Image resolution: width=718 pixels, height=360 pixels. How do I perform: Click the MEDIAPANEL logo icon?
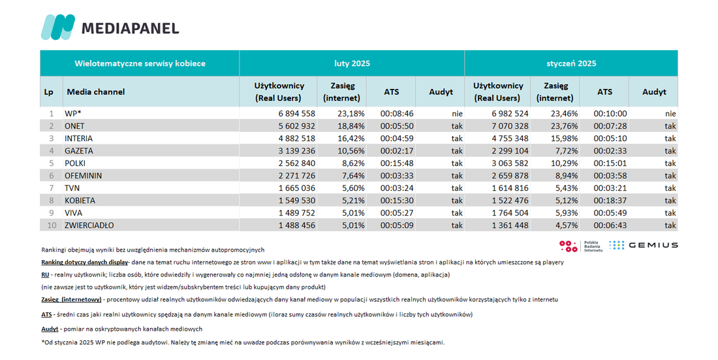[x=57, y=27]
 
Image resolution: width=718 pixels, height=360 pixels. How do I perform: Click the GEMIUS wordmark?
[x=653, y=246]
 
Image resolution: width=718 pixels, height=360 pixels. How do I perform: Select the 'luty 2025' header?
[x=352, y=64]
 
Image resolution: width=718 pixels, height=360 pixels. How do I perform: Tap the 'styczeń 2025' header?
[x=571, y=64]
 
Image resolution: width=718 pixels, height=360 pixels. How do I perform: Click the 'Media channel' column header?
[x=96, y=91]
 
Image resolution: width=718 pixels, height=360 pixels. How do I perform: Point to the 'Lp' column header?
[x=48, y=91]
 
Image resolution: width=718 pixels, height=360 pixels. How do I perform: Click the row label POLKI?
[x=75, y=163]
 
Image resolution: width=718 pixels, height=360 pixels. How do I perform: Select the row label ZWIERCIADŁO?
[x=89, y=225]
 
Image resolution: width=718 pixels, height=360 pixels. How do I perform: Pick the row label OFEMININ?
[x=84, y=176]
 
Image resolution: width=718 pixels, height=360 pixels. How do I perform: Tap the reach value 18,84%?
[x=351, y=126]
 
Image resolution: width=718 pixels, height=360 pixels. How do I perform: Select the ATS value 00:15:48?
[x=397, y=163]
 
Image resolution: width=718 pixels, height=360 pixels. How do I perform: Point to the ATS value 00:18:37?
[x=610, y=201]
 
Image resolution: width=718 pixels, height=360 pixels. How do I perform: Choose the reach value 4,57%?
[x=567, y=225]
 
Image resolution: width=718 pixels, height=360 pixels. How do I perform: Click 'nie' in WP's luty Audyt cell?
[x=457, y=114]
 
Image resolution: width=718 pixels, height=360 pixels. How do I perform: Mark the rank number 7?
[x=52, y=188]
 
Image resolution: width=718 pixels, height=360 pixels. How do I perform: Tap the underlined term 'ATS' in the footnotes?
[x=46, y=315]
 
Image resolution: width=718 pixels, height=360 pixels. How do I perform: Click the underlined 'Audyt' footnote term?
[x=50, y=329]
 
